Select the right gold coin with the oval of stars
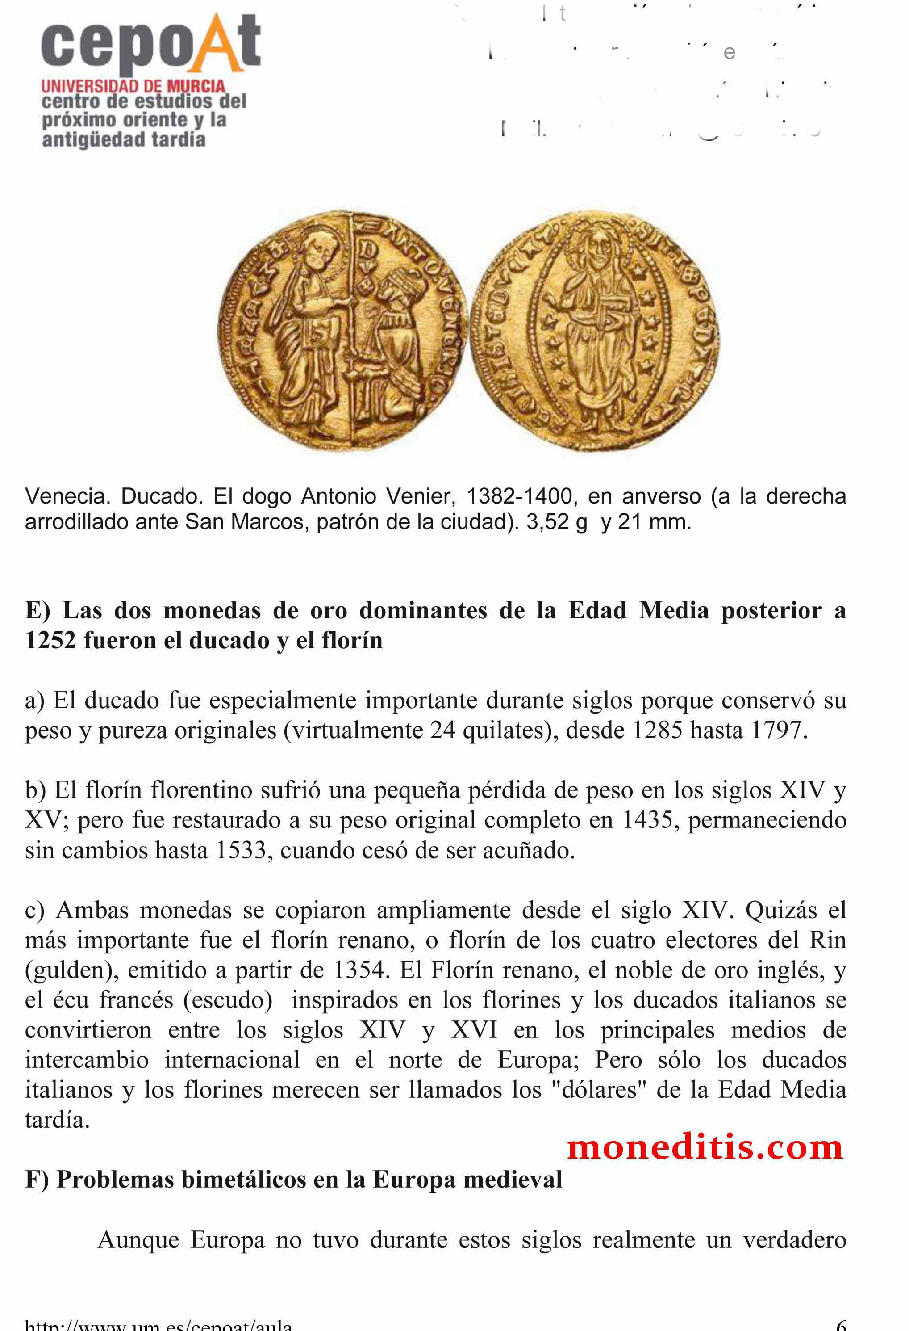point(595,331)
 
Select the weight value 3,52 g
point(556,522)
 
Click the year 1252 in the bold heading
point(50,640)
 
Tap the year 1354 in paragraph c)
point(359,970)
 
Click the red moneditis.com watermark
point(705,1148)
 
